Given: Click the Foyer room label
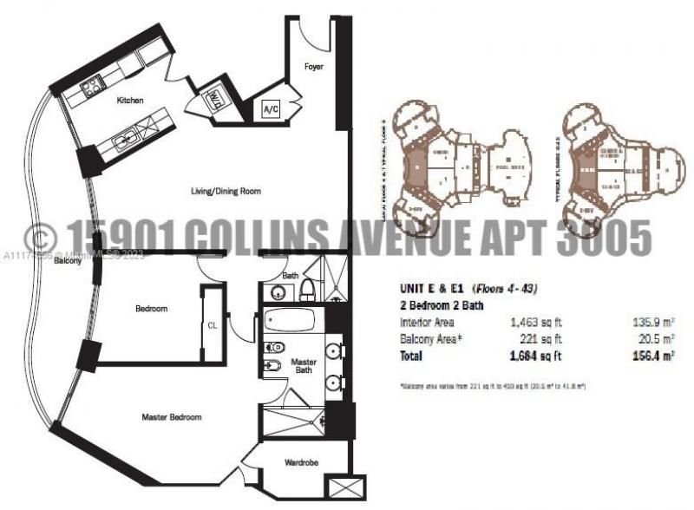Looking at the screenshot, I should click(x=313, y=67).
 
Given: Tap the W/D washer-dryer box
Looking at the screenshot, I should click(x=213, y=99).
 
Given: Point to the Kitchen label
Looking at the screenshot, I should click(x=131, y=101).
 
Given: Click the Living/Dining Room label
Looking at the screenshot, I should click(x=226, y=191).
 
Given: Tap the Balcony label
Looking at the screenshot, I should click(x=68, y=260).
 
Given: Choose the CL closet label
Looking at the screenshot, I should click(x=213, y=326).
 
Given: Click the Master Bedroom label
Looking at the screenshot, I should click(x=172, y=417).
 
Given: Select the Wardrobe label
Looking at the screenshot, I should click(x=301, y=463).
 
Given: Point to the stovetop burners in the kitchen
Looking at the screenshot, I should click(x=89, y=86).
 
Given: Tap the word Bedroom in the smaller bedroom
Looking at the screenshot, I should click(x=151, y=309).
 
